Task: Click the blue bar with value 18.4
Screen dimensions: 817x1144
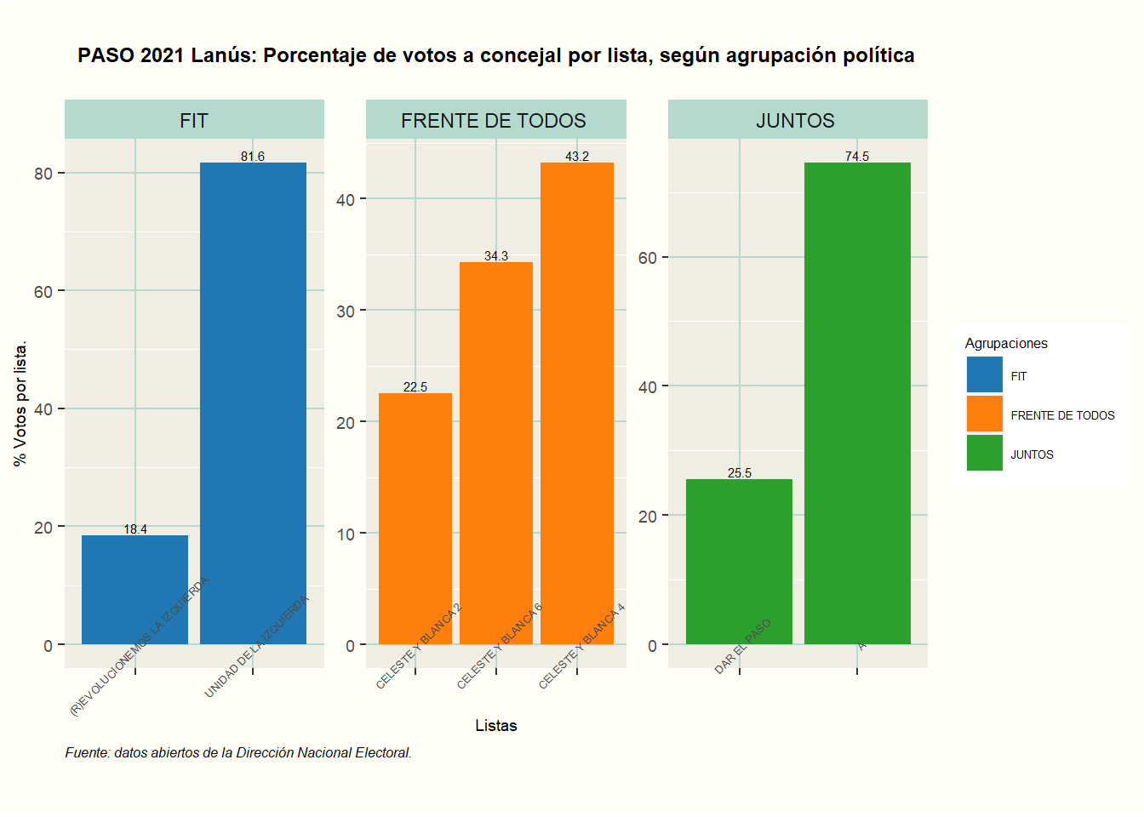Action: tap(134, 589)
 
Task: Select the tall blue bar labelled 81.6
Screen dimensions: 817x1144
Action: tap(253, 403)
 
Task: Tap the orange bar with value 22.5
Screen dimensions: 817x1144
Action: tap(415, 518)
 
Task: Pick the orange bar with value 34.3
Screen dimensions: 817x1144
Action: tap(495, 453)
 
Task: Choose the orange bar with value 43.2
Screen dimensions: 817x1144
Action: tap(576, 403)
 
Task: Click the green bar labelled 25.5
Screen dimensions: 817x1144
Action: tap(739, 562)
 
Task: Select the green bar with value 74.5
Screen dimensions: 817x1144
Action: tap(857, 403)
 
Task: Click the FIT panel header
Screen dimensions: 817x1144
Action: tap(194, 120)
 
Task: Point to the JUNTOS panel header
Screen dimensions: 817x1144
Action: tap(797, 120)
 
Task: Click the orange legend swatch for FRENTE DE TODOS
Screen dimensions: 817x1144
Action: tap(984, 414)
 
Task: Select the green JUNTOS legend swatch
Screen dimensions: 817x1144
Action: tap(984, 454)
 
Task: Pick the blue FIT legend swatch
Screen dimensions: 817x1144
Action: tap(984, 375)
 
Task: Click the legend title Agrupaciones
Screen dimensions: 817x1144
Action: tap(1005, 343)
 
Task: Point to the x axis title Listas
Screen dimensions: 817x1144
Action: tap(495, 725)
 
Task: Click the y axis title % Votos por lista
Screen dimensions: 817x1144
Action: tap(20, 403)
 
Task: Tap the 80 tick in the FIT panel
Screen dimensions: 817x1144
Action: tap(43, 174)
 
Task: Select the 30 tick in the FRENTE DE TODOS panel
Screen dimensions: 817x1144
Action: tap(345, 311)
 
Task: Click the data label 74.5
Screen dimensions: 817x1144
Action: tap(857, 156)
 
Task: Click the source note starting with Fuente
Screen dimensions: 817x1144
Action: tap(238, 752)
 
